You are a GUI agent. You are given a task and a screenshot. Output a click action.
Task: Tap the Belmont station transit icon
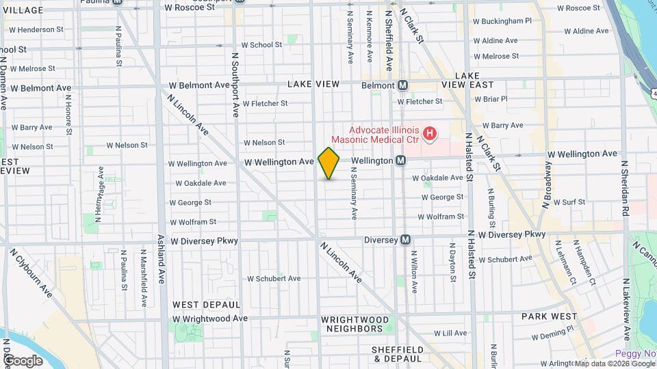[403, 85]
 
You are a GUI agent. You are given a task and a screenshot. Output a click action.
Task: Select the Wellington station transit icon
[401, 161]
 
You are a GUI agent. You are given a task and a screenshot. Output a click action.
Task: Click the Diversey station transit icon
[406, 240]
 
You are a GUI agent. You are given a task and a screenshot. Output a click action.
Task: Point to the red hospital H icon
[429, 133]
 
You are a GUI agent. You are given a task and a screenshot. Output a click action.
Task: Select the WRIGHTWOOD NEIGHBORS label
[355, 324]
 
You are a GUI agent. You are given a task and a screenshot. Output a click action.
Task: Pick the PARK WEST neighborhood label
[545, 316]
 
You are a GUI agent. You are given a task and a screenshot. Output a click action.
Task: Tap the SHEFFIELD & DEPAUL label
[396, 353]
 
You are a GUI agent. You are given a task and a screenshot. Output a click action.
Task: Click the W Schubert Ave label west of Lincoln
[274, 278]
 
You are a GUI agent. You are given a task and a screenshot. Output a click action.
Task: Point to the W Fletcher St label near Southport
[264, 104]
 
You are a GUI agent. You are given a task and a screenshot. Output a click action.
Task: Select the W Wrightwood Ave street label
[209, 318]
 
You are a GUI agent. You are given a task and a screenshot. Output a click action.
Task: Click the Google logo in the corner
[23, 360]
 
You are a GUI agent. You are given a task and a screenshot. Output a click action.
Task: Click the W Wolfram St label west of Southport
[192, 221]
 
